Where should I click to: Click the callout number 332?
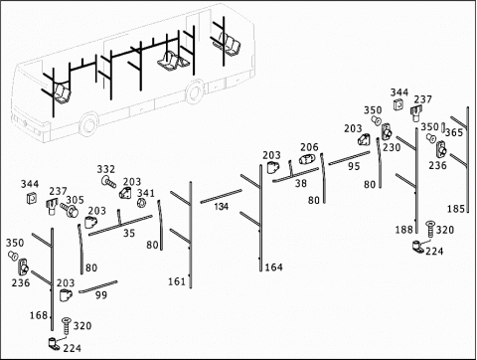[106, 169]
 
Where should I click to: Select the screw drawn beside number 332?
[108, 182]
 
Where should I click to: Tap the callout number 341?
[146, 193]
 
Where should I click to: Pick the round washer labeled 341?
[141, 203]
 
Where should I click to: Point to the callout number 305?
[75, 200]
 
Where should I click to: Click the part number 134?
[221, 207]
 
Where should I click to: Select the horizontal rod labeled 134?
[221, 196]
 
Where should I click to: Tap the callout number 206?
[309, 147]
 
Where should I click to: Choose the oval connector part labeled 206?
[308, 159]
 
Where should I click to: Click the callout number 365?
[454, 132]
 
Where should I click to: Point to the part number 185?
[456, 209]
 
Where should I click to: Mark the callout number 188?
[404, 230]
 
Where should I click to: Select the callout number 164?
[274, 268]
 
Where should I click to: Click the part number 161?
[177, 281]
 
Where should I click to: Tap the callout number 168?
[39, 315]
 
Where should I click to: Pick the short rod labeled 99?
[98, 286]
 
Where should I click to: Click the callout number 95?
[354, 166]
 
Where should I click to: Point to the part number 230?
[392, 147]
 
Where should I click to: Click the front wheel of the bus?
[88, 125]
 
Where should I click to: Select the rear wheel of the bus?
[195, 91]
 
